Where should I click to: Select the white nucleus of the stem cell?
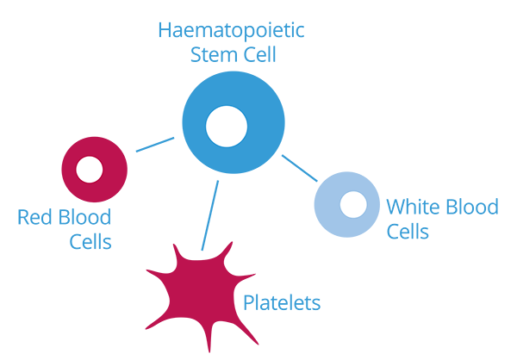227,127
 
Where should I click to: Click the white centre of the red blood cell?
90,170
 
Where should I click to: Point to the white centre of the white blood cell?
352,204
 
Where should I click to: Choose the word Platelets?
281,303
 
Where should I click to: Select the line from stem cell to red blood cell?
155,144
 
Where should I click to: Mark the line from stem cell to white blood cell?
301,168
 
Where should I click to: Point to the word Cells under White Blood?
408,233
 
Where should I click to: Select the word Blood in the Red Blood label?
85,216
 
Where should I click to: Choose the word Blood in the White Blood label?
475,207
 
